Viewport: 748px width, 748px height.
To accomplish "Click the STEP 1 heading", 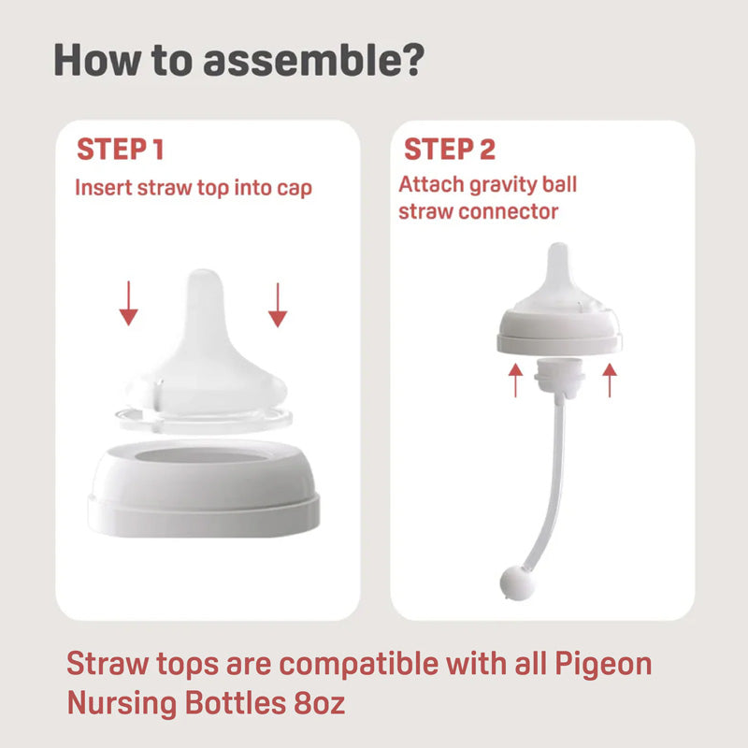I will tap(121, 150).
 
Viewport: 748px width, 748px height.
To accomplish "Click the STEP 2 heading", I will tap(450, 150).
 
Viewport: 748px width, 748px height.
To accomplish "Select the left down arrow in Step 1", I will tap(128, 304).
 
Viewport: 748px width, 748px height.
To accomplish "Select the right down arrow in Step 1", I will tap(277, 304).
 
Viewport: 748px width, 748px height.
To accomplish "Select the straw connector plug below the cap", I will tap(558, 383).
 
